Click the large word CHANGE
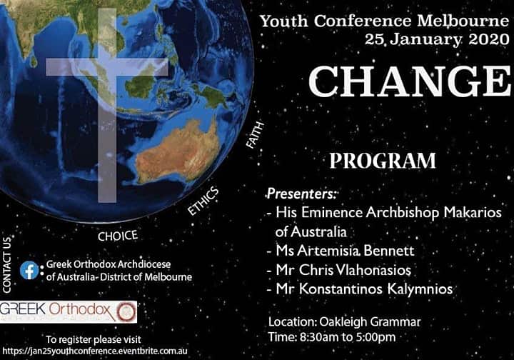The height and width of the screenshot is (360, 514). click(x=410, y=80)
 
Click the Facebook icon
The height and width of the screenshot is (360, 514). click(x=29, y=270)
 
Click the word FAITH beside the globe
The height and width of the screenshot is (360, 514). click(x=255, y=135)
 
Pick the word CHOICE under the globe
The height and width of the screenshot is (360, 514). click(x=117, y=235)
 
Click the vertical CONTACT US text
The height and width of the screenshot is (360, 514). click(x=7, y=265)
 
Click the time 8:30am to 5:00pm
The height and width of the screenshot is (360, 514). click(x=332, y=336)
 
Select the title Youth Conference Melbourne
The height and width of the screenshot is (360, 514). click(x=384, y=20)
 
